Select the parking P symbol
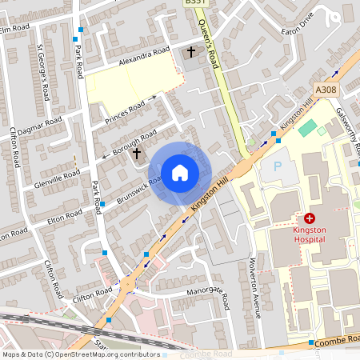point(278,167)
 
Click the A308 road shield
point(326,90)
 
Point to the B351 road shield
point(194,3)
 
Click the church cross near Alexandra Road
point(190,53)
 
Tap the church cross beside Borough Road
point(137,152)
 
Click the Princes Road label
point(125,113)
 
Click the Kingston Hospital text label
point(309,234)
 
